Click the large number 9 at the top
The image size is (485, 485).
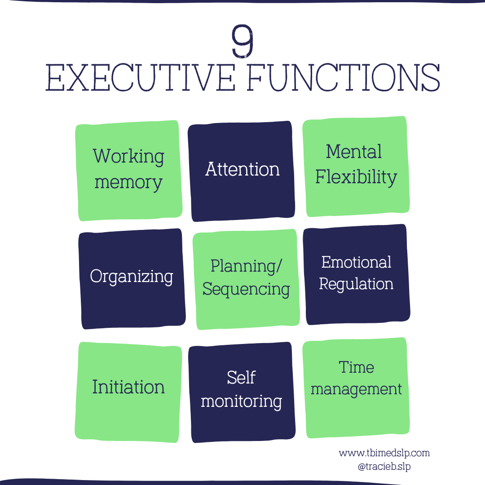[242, 41]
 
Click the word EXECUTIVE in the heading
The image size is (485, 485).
[140, 79]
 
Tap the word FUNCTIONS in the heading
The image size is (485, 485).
[344, 79]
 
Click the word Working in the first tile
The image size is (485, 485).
[128, 157]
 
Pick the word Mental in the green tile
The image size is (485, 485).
[354, 152]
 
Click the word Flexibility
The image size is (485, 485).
[356, 177]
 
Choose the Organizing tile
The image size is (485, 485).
[132, 277]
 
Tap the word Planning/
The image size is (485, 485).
[247, 266]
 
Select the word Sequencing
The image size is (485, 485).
[246, 289]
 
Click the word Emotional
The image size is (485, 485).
[356, 262]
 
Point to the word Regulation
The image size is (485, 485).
[356, 284]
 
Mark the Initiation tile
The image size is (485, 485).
[128, 387]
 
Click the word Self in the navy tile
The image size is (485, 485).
[241, 378]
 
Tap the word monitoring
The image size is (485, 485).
[241, 401]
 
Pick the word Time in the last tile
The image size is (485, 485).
[356, 367]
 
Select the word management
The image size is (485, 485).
[356, 389]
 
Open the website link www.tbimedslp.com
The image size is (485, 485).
[384, 453]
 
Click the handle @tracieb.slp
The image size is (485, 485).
[384, 467]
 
